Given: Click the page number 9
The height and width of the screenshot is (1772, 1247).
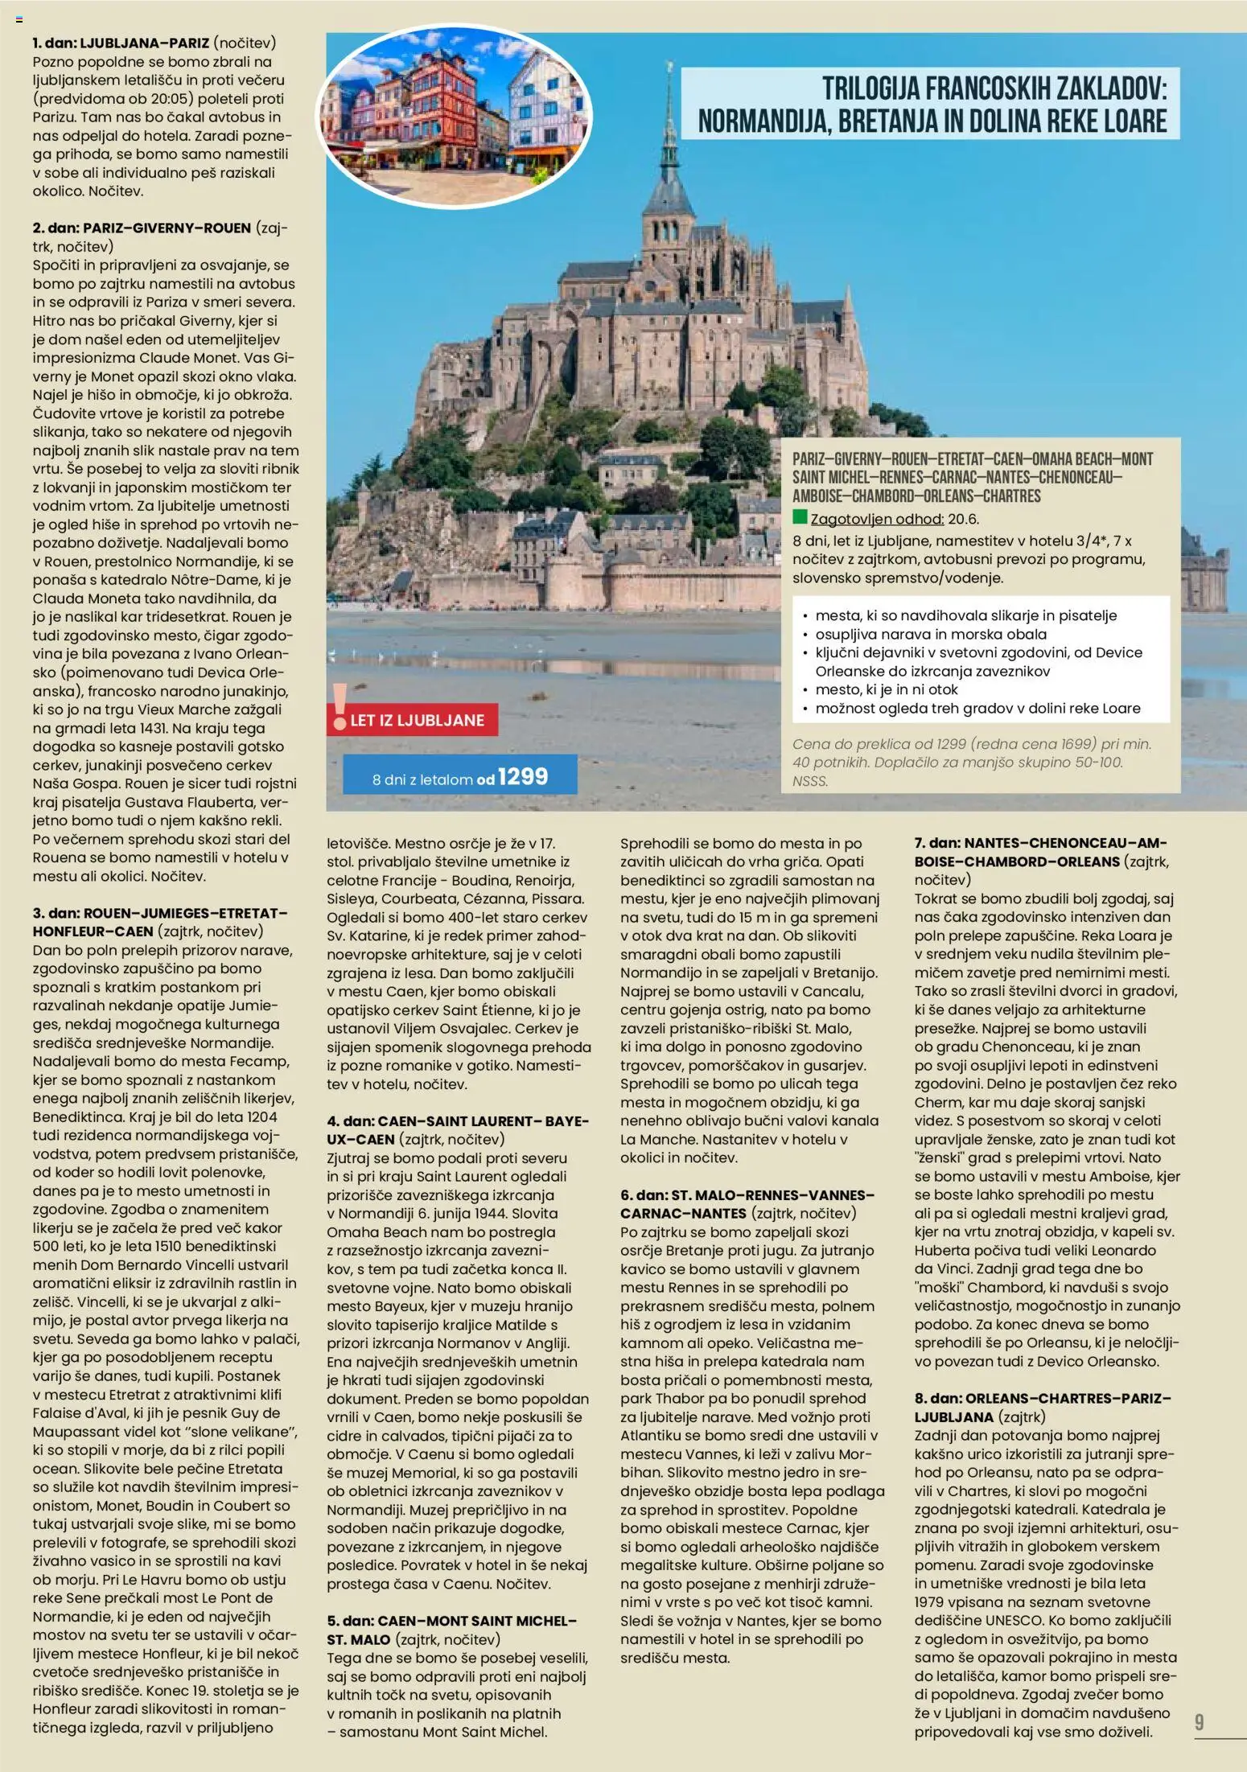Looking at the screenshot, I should click(1199, 1722).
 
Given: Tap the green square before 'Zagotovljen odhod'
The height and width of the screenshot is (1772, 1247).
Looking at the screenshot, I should click(800, 517).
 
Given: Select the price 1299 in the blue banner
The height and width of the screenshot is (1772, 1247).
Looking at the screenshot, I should click(522, 777).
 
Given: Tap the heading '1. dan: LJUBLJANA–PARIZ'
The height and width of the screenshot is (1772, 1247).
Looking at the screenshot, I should click(121, 43).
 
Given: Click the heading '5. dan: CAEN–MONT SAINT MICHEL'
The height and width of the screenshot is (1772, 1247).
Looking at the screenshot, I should click(451, 1621).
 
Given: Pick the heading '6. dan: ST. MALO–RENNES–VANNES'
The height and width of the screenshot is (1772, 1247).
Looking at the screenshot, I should click(747, 1194).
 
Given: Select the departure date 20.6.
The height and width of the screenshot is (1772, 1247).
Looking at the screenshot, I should click(964, 519).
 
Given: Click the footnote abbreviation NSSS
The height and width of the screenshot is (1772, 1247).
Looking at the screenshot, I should click(810, 780).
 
